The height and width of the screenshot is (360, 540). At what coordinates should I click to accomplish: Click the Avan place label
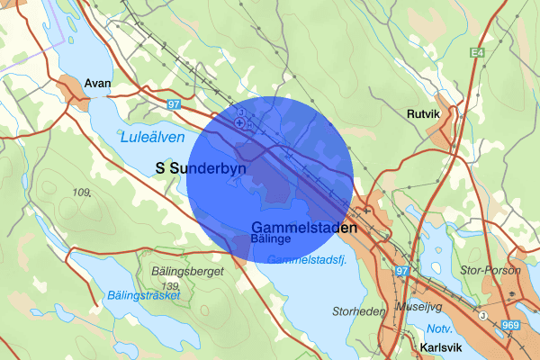[x=97, y=83]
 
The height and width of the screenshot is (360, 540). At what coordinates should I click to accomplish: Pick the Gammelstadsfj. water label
[x=309, y=260]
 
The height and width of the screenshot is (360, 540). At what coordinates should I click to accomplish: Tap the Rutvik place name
[x=425, y=114]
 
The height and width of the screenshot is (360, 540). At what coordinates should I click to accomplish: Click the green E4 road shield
[x=477, y=55]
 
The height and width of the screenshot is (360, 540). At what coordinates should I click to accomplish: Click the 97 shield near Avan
[x=174, y=105]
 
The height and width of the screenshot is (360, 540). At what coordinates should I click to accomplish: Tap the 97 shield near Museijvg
[x=402, y=271]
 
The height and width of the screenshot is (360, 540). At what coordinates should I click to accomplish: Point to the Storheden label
[x=357, y=312]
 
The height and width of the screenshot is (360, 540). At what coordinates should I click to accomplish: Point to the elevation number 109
[x=83, y=193]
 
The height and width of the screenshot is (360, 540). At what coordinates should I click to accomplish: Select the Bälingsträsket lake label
[x=144, y=294]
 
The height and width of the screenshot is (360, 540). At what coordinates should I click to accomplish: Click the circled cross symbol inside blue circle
[x=239, y=121]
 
